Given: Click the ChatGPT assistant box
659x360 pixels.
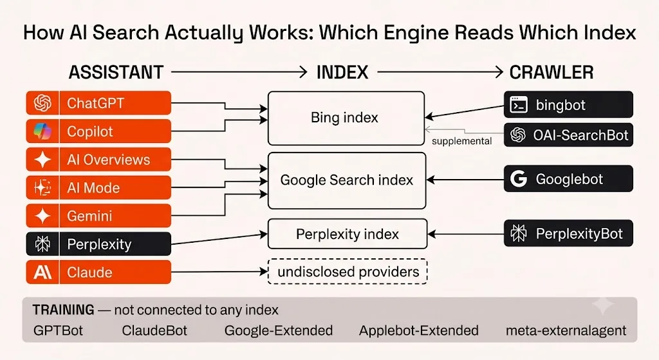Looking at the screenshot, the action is (x=98, y=103).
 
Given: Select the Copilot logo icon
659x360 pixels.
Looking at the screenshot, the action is (x=42, y=131).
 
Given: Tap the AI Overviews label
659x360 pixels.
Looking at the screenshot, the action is (x=108, y=160).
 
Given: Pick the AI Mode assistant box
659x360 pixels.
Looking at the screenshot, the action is (x=98, y=187).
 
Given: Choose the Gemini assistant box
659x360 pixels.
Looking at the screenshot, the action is (x=98, y=216).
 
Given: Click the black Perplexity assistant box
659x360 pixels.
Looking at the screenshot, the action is (x=98, y=244).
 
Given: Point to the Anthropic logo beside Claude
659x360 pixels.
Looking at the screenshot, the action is (x=42, y=272).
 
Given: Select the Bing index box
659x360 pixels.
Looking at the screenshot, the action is (x=346, y=118).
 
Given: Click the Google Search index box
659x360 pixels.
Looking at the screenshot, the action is (x=347, y=180).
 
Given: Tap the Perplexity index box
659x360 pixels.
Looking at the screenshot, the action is (x=347, y=234).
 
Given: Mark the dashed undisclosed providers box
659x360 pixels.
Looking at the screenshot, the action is (x=348, y=272).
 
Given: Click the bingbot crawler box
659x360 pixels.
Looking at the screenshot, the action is (x=568, y=104).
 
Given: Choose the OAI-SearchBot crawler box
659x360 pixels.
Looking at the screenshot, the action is (x=568, y=135).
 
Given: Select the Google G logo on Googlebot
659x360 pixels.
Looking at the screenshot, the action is (x=519, y=179).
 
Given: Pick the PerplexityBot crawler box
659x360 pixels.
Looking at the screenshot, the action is (x=568, y=233).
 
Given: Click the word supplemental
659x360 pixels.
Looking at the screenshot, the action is (x=461, y=141).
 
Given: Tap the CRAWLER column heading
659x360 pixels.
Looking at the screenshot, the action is (x=552, y=72).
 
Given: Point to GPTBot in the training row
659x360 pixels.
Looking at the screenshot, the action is (x=58, y=330).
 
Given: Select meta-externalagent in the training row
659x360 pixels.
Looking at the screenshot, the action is (x=566, y=330).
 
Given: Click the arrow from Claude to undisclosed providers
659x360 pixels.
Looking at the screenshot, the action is (x=219, y=272).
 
